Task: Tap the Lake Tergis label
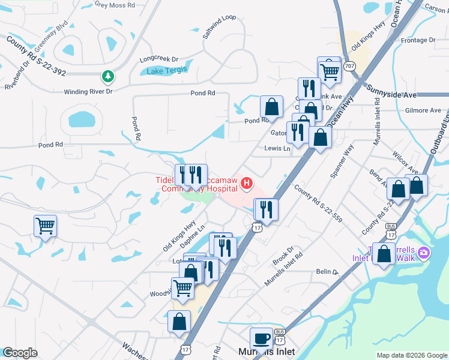pos(167,70)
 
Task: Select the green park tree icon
pos(108,76)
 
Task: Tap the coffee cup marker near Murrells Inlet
pos(262,338)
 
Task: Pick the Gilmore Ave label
pos(423,110)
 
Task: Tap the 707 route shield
pos(351,65)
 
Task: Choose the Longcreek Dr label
pos(159,59)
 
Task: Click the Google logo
pos(20,353)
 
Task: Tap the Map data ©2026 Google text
pos(411,355)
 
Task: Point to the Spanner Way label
pos(342,162)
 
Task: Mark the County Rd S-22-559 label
pos(318,203)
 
